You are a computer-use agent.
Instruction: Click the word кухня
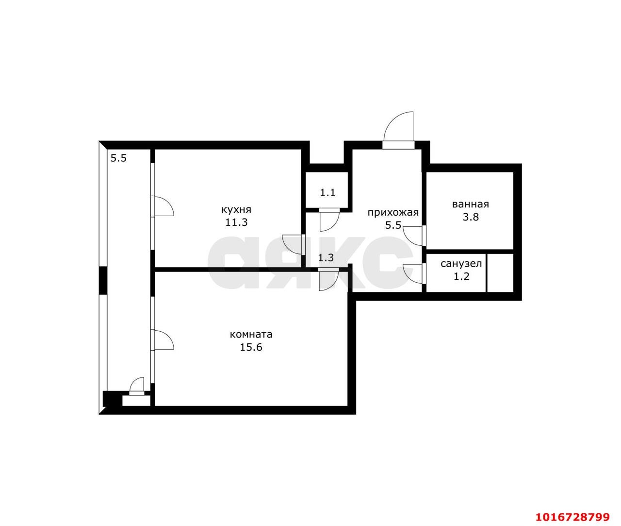tap(236, 210)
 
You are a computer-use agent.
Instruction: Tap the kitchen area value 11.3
tap(236, 222)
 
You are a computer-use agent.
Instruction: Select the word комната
tap(251, 335)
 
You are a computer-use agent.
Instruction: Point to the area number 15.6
tap(251, 347)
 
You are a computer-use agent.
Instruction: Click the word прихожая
tap(393, 212)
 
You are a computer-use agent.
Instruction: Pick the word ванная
tap(471, 204)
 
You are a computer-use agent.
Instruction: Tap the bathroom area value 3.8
tap(471, 217)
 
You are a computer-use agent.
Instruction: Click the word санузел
tap(461, 263)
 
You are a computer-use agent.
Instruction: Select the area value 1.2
tap(461, 276)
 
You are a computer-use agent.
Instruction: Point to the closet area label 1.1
tap(327, 192)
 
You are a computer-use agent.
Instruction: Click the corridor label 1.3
tap(326, 258)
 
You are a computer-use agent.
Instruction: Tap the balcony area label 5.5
tap(119, 158)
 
